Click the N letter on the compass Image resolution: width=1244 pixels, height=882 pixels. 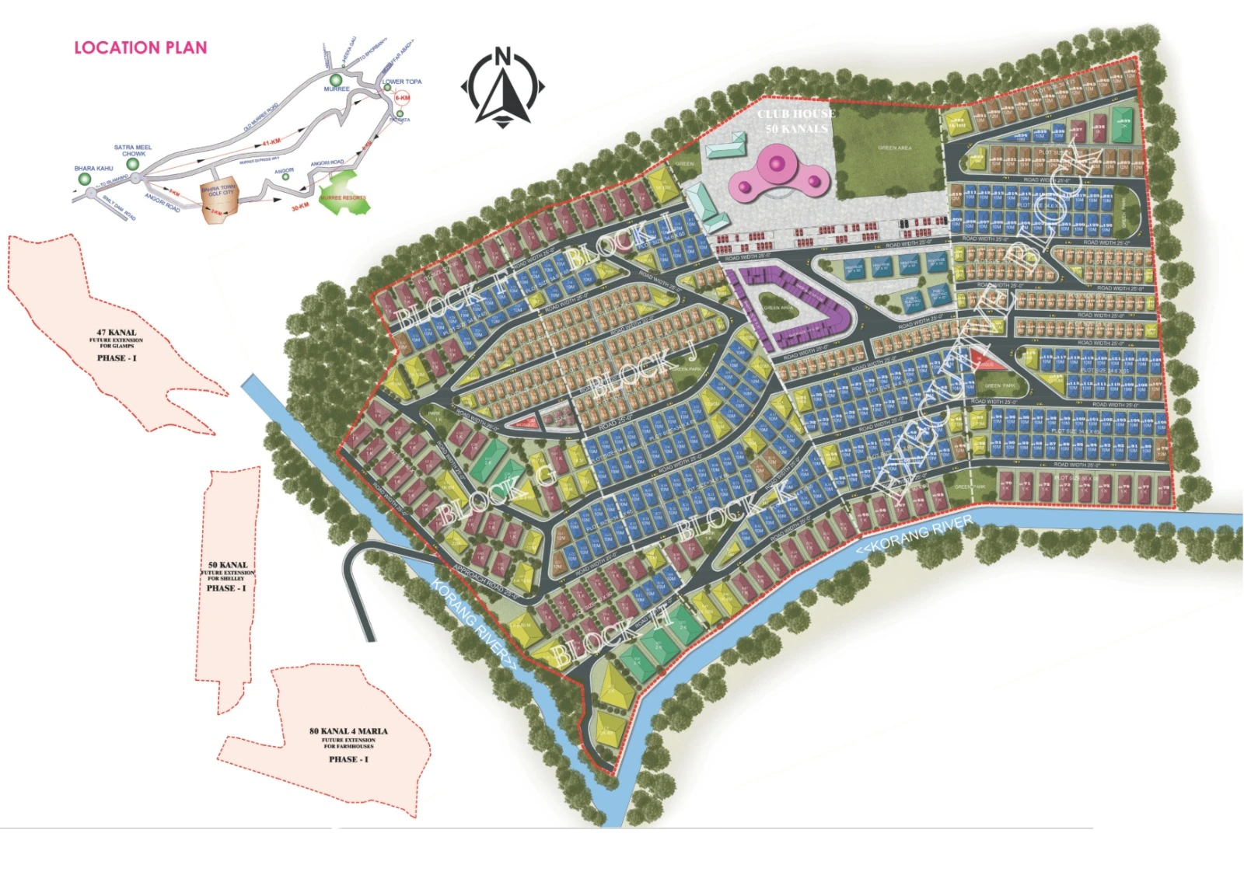click(503, 57)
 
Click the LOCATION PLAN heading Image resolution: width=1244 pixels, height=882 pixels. click(141, 47)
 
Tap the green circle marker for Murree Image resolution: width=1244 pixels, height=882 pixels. click(336, 80)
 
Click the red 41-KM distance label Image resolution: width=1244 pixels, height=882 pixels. click(271, 142)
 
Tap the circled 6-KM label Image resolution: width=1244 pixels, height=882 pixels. click(402, 98)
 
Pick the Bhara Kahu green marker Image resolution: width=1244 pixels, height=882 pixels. click(85, 180)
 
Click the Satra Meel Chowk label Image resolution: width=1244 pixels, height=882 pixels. click(133, 150)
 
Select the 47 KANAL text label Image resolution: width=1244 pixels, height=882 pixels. click(116, 333)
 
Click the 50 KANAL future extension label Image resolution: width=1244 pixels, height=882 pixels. click(228, 565)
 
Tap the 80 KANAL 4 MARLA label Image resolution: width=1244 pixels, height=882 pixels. click(348, 731)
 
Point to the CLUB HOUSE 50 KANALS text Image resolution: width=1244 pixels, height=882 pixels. click(795, 121)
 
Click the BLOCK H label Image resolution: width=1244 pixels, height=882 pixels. click(611, 638)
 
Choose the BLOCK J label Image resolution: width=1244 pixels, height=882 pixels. click(642, 373)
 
